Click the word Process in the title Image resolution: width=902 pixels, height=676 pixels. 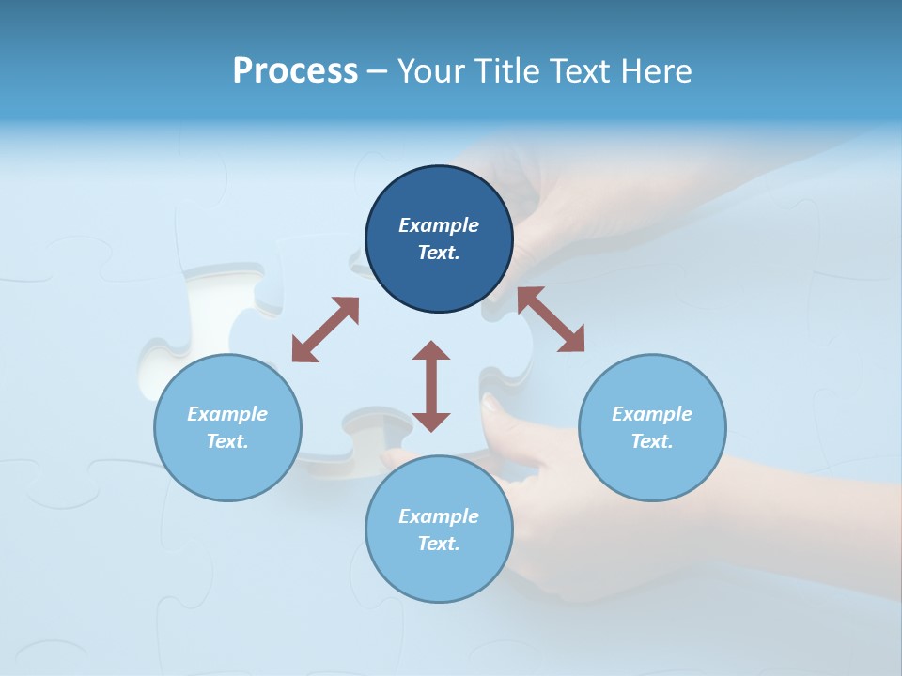[295, 71]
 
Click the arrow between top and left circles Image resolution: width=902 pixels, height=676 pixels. [325, 330]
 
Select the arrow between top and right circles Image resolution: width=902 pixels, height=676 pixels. [552, 319]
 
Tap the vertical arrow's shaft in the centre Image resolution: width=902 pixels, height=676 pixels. [431, 386]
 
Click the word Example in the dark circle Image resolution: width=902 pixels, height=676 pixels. [439, 225]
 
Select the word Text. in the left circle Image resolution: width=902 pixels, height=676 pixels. [227, 441]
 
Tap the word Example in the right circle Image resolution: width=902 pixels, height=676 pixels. [652, 414]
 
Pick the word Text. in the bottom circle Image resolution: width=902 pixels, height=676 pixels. [439, 544]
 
